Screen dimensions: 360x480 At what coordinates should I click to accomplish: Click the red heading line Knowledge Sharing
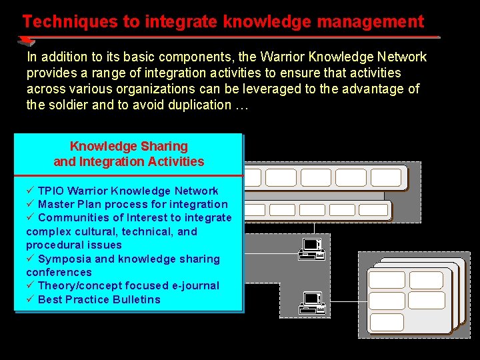pos(129,146)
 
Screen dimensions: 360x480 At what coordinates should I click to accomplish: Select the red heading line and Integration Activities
pos(129,161)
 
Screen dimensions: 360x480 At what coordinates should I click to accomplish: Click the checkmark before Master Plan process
pos(30,205)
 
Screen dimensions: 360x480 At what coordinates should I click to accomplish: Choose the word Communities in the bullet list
pos(74,218)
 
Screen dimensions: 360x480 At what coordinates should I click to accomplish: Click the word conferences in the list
pos(59,272)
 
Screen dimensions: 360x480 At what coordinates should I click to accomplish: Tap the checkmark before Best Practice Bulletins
pos(30,299)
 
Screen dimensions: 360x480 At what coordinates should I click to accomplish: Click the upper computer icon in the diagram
pos(312,249)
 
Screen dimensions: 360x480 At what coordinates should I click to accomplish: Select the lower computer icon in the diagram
pos(312,303)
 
